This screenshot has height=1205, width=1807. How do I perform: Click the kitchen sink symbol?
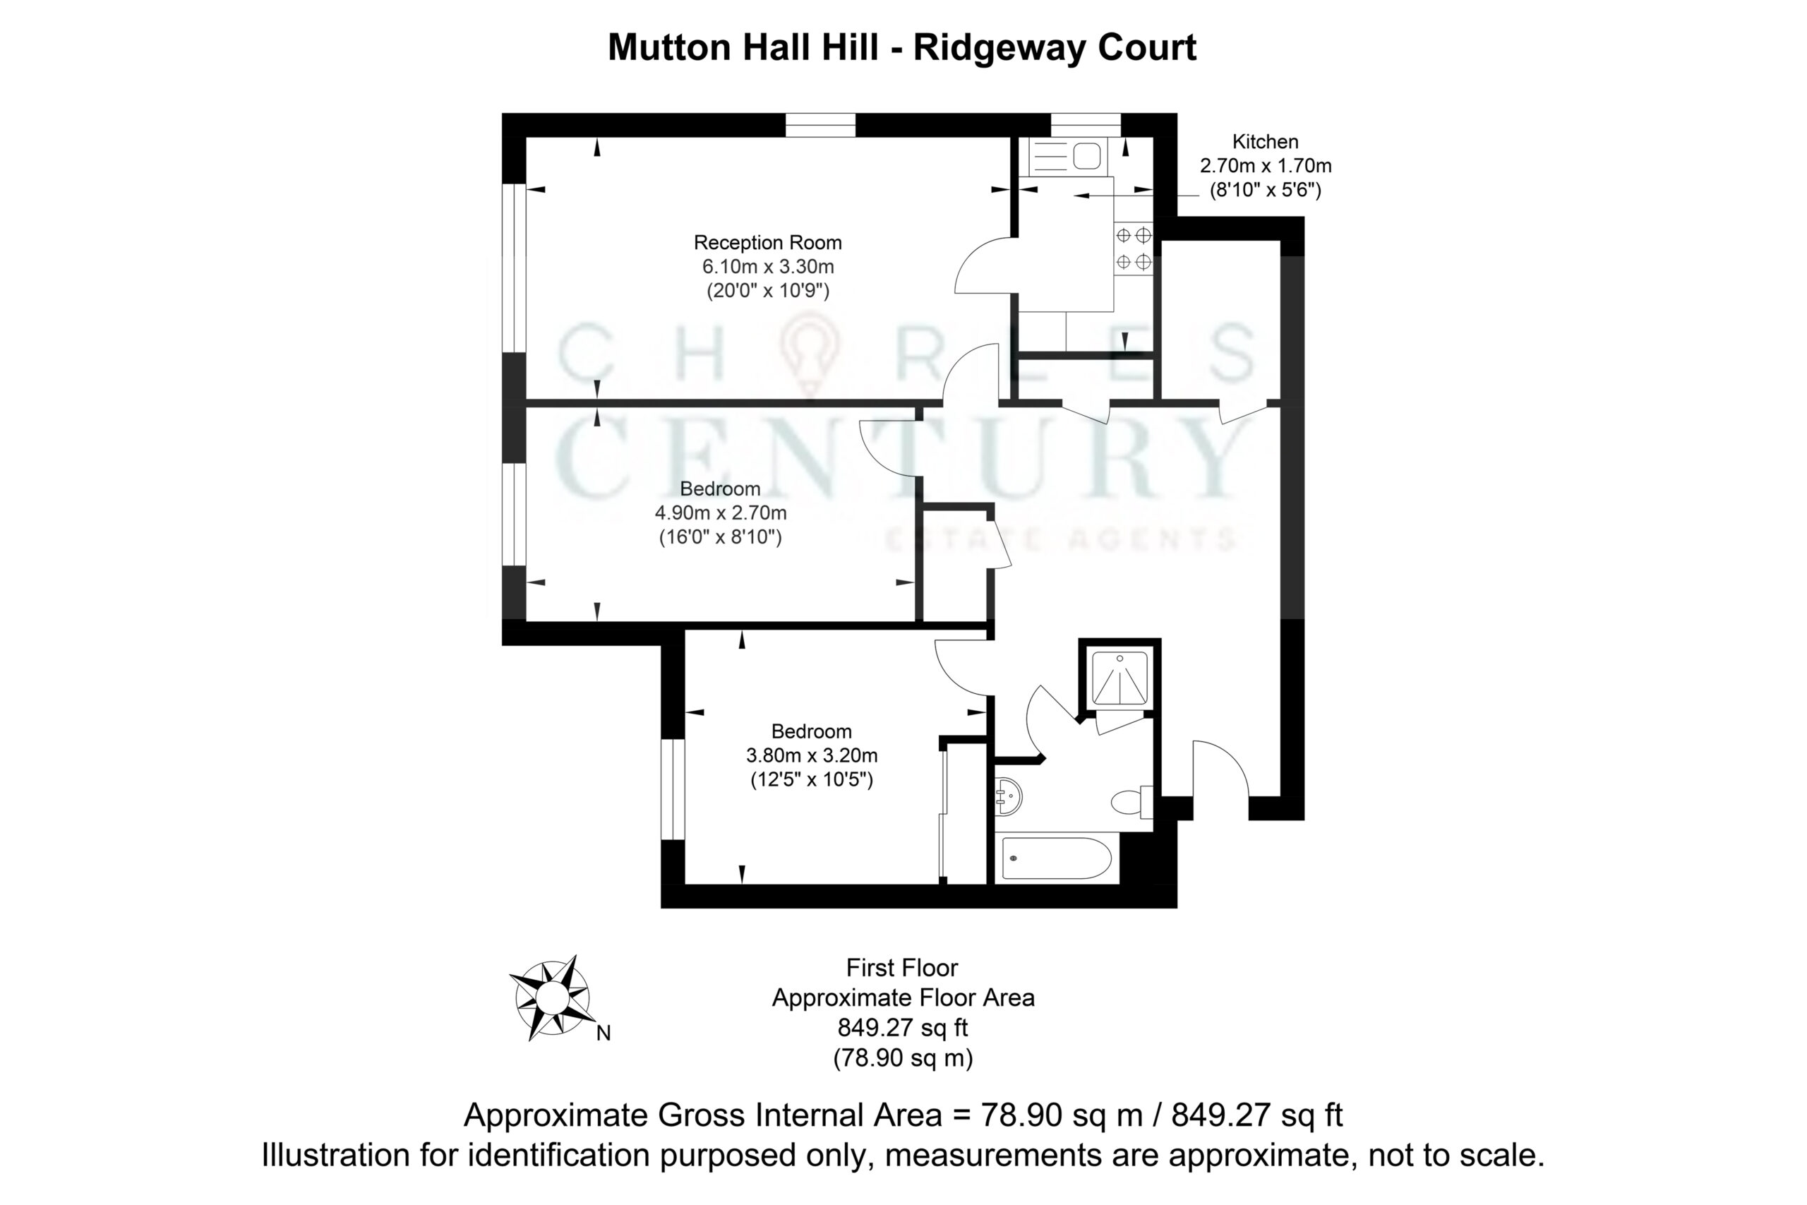coord(1066,157)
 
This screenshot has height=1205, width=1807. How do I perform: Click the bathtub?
coord(1057,858)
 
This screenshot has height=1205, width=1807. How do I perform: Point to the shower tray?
coord(1120,678)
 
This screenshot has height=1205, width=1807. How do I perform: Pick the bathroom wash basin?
coord(1008,796)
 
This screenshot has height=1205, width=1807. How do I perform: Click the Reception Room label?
coord(767,243)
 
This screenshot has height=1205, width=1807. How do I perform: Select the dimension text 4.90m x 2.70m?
coord(721,512)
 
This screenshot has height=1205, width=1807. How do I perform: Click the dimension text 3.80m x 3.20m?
coord(812,755)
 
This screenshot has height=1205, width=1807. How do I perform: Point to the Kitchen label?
coord(1266,141)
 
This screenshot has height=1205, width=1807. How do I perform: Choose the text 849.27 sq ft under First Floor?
coord(903,1028)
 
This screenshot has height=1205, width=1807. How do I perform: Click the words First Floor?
coord(903,968)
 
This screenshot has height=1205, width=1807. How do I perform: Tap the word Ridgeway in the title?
coord(1000,47)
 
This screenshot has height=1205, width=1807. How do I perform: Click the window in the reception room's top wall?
coord(820,125)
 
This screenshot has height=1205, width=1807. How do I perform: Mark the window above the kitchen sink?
coord(1086,125)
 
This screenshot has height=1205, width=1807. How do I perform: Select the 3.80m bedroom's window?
coord(673,789)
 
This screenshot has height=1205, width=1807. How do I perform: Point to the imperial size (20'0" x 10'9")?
coord(767,291)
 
